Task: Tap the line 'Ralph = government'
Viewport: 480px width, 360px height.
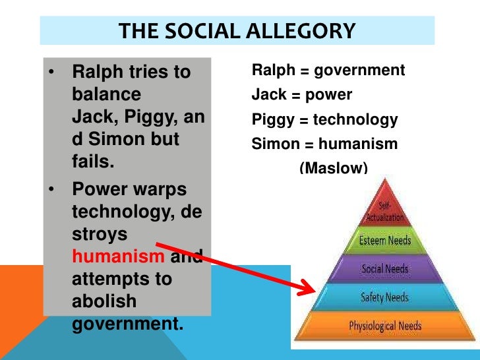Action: point(328,71)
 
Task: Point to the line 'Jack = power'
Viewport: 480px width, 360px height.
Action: point(302,95)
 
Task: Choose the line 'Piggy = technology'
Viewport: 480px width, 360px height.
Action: point(325,119)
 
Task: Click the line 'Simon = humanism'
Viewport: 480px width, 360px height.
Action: point(325,144)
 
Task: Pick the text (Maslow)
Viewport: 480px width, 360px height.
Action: point(333,167)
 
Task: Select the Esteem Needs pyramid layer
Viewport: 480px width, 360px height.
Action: point(386,240)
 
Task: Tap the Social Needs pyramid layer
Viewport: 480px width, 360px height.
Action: point(386,269)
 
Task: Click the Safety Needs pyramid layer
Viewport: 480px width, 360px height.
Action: point(386,297)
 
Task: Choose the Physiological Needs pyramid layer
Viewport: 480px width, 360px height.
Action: point(386,326)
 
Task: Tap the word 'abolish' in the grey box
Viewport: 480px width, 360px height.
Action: point(104,301)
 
